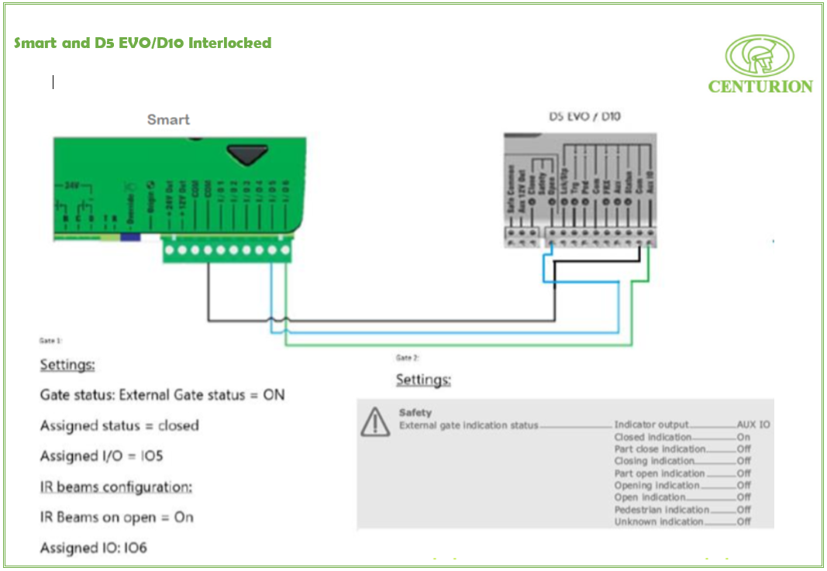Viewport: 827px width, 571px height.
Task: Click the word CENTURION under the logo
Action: tap(760, 87)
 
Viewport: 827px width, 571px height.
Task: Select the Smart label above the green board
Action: tap(168, 120)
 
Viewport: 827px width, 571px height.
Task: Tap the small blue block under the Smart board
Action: tap(130, 236)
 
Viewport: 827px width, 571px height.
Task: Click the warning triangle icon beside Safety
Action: tap(376, 421)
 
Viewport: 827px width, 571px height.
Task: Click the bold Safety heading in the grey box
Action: tap(415, 413)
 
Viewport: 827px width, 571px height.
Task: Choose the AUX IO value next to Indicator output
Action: tap(753, 425)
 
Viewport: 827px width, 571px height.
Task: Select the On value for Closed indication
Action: tap(743, 438)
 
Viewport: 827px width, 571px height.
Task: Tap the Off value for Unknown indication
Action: tap(744, 522)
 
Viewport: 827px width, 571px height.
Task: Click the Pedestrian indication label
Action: tap(661, 510)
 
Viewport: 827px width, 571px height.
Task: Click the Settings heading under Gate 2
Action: tap(423, 380)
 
